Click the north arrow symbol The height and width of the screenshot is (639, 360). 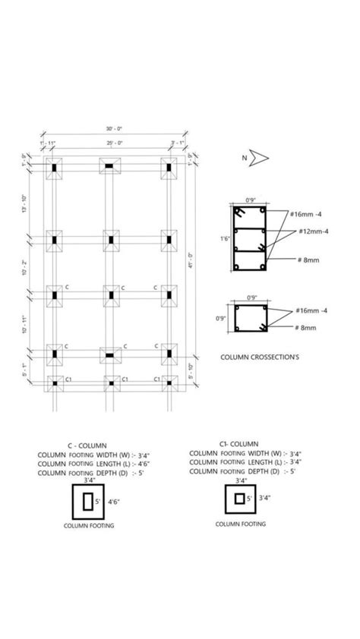[260, 157]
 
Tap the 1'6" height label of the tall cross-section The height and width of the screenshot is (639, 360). [225, 238]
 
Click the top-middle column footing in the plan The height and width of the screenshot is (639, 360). [110, 167]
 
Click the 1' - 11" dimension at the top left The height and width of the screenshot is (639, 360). [49, 142]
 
